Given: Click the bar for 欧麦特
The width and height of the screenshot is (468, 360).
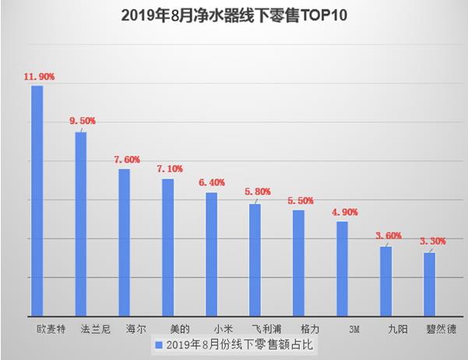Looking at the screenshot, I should click(x=37, y=199).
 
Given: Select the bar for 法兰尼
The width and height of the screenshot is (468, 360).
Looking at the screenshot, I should click(x=81, y=223).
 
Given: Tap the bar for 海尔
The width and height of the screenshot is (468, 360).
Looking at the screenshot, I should click(x=125, y=242).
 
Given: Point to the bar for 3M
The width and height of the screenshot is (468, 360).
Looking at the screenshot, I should click(x=343, y=268).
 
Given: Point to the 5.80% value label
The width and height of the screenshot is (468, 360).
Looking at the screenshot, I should click(x=258, y=192).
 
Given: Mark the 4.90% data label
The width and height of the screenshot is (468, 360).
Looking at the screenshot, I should click(x=345, y=211).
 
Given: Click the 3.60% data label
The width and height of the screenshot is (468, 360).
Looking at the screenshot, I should click(x=389, y=236).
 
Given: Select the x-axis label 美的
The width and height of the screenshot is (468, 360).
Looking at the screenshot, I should click(x=169, y=329).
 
